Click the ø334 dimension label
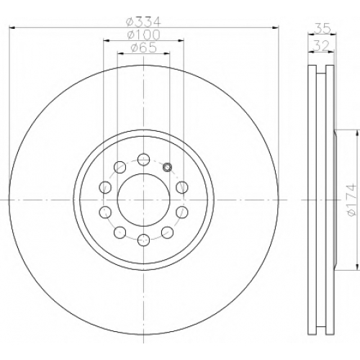[x=143, y=22]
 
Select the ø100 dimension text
[x=143, y=35]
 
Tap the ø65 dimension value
[x=143, y=48]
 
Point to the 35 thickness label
[x=322, y=28]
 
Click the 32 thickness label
[x=321, y=45]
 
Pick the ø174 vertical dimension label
[x=351, y=199]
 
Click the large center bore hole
[x=143, y=199]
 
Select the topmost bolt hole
[x=143, y=159]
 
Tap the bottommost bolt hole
[x=143, y=240]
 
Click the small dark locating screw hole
[x=167, y=167]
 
